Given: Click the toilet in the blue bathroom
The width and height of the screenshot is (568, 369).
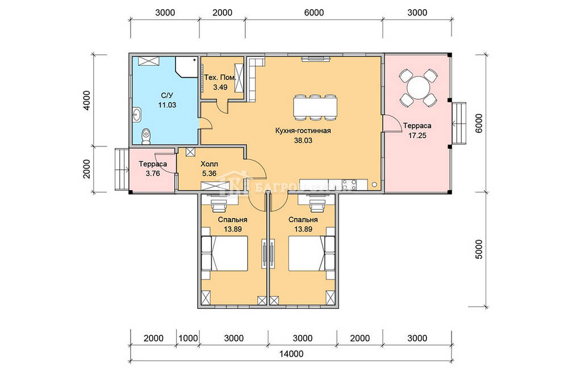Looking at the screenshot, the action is pyautogui.click(x=146, y=137).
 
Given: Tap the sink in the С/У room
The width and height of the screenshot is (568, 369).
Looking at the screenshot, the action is pyautogui.click(x=137, y=115).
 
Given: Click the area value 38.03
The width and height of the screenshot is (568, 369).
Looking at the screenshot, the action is pyautogui.click(x=303, y=140).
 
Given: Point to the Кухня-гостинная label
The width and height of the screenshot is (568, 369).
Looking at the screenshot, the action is pyautogui.click(x=303, y=131).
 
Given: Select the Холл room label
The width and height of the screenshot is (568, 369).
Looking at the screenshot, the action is pyautogui.click(x=210, y=164).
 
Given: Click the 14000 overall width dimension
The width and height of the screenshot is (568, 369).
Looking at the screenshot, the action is pyautogui.click(x=291, y=354).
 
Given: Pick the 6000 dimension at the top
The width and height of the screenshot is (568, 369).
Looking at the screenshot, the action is pyautogui.click(x=314, y=12).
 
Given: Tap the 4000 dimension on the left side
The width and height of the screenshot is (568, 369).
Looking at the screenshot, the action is pyautogui.click(x=86, y=100).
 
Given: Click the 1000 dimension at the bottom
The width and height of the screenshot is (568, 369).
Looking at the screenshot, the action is pyautogui.click(x=189, y=338).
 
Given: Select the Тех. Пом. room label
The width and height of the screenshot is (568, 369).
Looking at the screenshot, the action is pyautogui.click(x=220, y=78).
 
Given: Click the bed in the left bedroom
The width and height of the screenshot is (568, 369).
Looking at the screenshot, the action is pyautogui.click(x=224, y=254).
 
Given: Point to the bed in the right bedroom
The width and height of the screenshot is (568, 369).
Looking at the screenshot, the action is pyautogui.click(x=311, y=254).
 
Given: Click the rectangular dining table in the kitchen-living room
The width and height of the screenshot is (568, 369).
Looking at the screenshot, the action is pyautogui.click(x=315, y=107).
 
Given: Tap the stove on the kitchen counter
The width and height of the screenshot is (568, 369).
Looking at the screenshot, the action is pyautogui.click(x=349, y=184).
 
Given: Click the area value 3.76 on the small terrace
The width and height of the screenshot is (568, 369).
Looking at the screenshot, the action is pyautogui.click(x=153, y=173).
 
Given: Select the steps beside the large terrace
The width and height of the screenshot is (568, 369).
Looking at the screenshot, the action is pyautogui.click(x=459, y=124).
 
